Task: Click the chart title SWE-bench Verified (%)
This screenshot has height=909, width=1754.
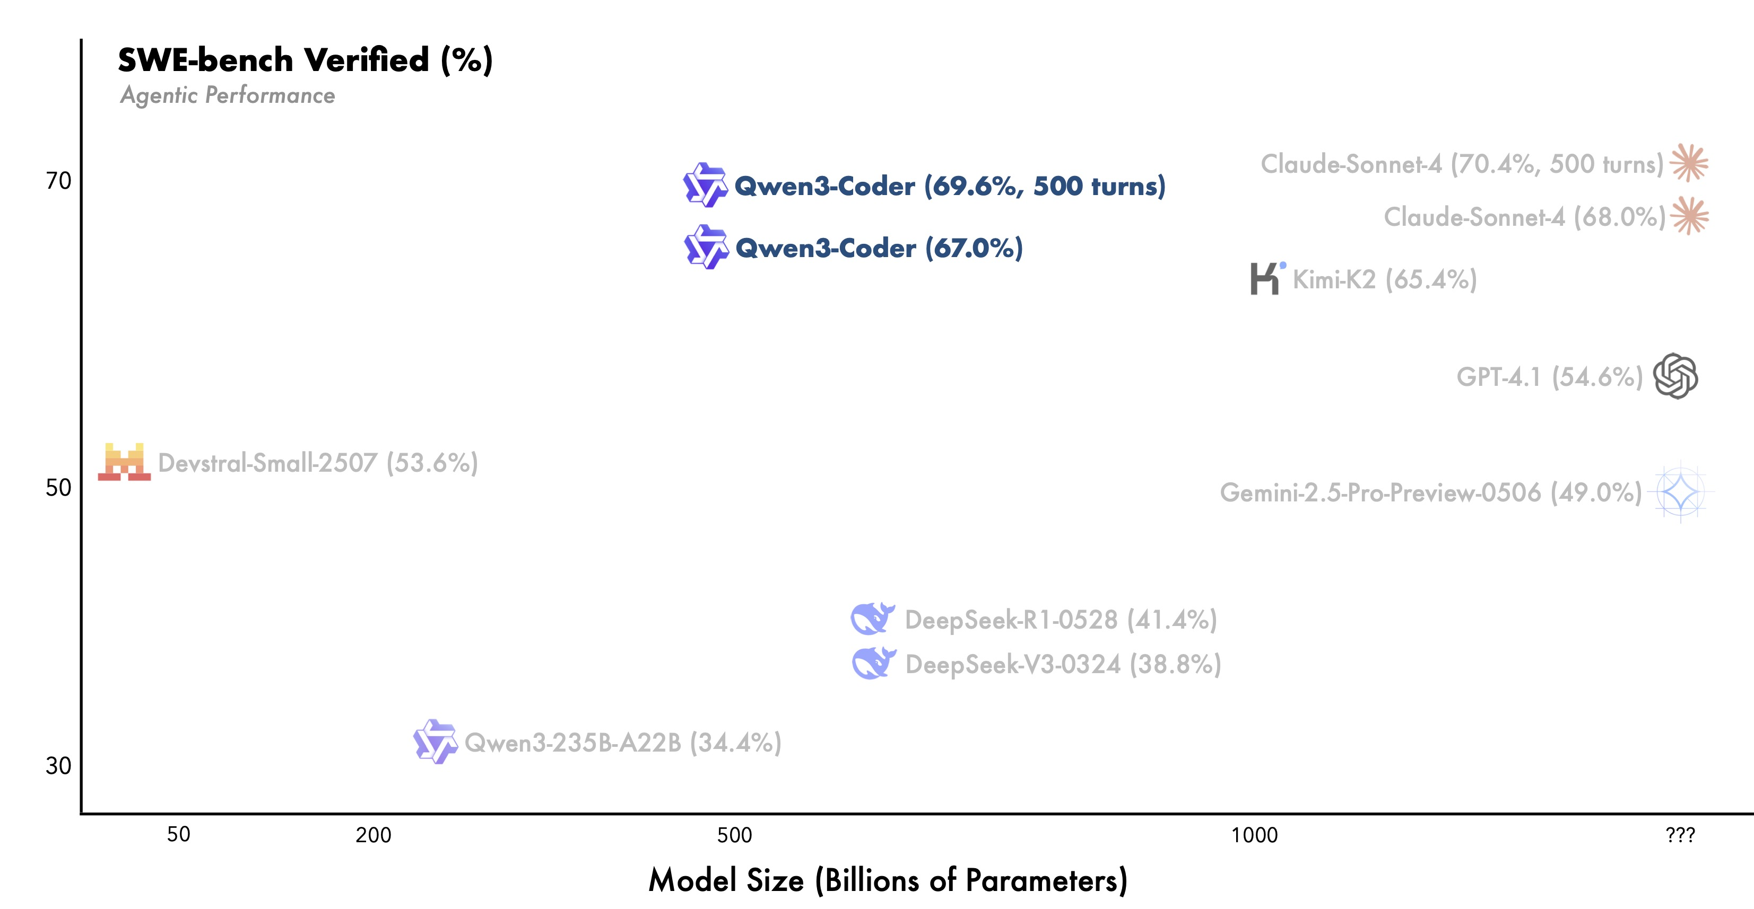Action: pos(305,60)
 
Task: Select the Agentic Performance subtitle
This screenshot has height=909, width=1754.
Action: pos(228,95)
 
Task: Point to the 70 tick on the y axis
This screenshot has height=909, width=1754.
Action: pos(58,180)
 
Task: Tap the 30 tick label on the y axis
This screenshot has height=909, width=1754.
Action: pos(58,765)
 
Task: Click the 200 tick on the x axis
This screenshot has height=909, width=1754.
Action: pos(373,835)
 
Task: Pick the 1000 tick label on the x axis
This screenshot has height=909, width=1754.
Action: pos(1254,835)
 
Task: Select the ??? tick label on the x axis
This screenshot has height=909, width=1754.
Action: pos(1680,835)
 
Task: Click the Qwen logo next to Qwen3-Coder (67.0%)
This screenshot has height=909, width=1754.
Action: pos(706,246)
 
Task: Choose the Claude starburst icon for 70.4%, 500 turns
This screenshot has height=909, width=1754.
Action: pos(1689,163)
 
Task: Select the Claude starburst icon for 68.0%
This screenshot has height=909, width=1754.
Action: pos(1689,216)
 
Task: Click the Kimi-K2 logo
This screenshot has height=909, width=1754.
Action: pos(1266,278)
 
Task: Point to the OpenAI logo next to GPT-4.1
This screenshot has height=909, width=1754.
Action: pos(1675,376)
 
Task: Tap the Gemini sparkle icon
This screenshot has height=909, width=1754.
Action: pos(1680,492)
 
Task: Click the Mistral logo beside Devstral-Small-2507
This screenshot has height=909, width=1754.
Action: pos(125,462)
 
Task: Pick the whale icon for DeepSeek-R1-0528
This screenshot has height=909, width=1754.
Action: pos(872,619)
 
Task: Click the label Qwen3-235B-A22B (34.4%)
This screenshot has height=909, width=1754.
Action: pos(623,742)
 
